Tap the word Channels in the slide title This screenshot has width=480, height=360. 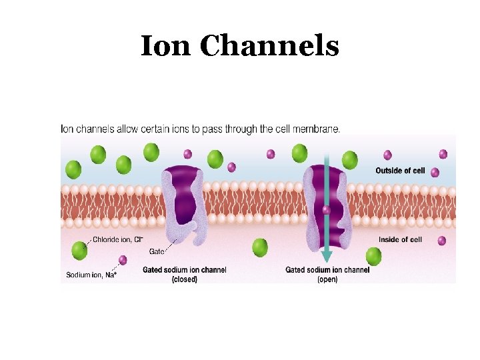(269, 46)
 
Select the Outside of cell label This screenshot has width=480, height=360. (400, 171)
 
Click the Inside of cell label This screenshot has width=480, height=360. (400, 239)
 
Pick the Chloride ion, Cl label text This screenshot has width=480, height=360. (117, 239)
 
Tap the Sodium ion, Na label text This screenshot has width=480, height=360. (91, 274)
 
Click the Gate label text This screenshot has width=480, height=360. (157, 251)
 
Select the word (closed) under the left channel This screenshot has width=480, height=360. (184, 279)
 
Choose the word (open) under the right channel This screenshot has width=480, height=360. (327, 279)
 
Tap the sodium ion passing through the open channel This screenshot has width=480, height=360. (326, 211)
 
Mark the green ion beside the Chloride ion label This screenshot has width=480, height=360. (79, 250)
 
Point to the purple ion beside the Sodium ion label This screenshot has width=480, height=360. (123, 260)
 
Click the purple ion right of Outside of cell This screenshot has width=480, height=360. (435, 172)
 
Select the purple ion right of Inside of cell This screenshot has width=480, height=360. (441, 240)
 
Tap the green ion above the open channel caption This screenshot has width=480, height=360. (373, 256)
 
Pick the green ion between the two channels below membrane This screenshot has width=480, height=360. (260, 248)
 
